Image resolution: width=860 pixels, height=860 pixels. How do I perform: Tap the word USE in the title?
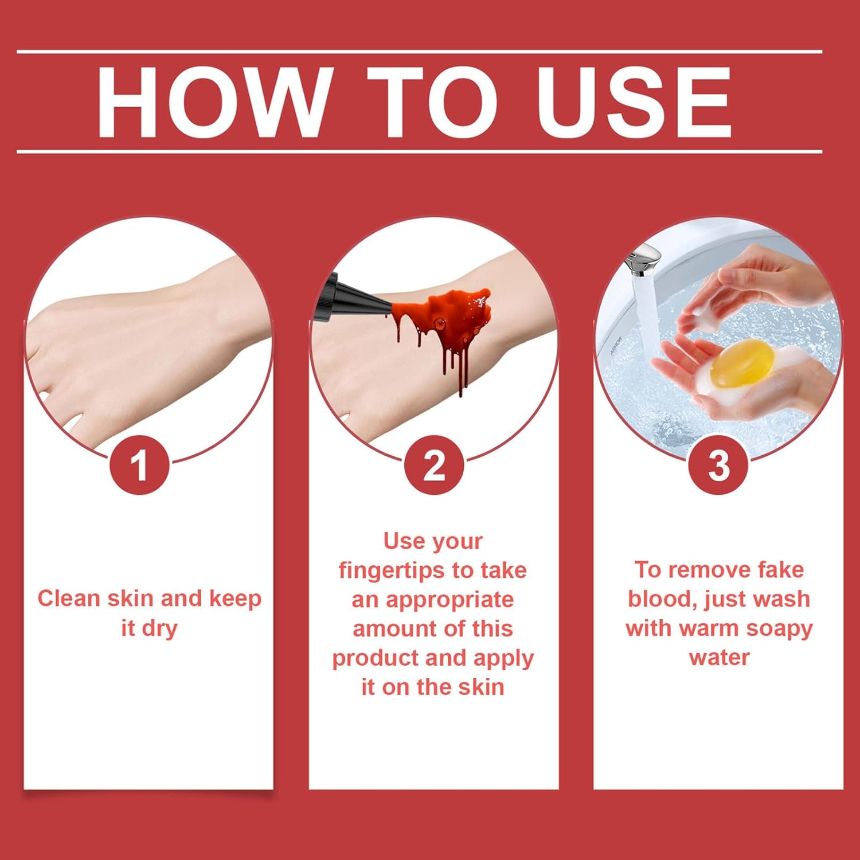click(x=633, y=102)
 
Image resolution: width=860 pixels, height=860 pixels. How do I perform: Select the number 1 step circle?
click(x=139, y=464)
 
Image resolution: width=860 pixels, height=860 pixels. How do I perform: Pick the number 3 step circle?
click(x=718, y=464)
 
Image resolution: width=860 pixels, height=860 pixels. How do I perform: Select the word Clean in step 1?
click(x=69, y=598)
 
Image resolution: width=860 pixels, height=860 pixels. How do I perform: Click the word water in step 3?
click(x=719, y=657)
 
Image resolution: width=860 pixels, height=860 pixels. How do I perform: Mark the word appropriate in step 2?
click(x=449, y=601)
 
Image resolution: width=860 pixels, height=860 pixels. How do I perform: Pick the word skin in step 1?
click(x=131, y=598)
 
